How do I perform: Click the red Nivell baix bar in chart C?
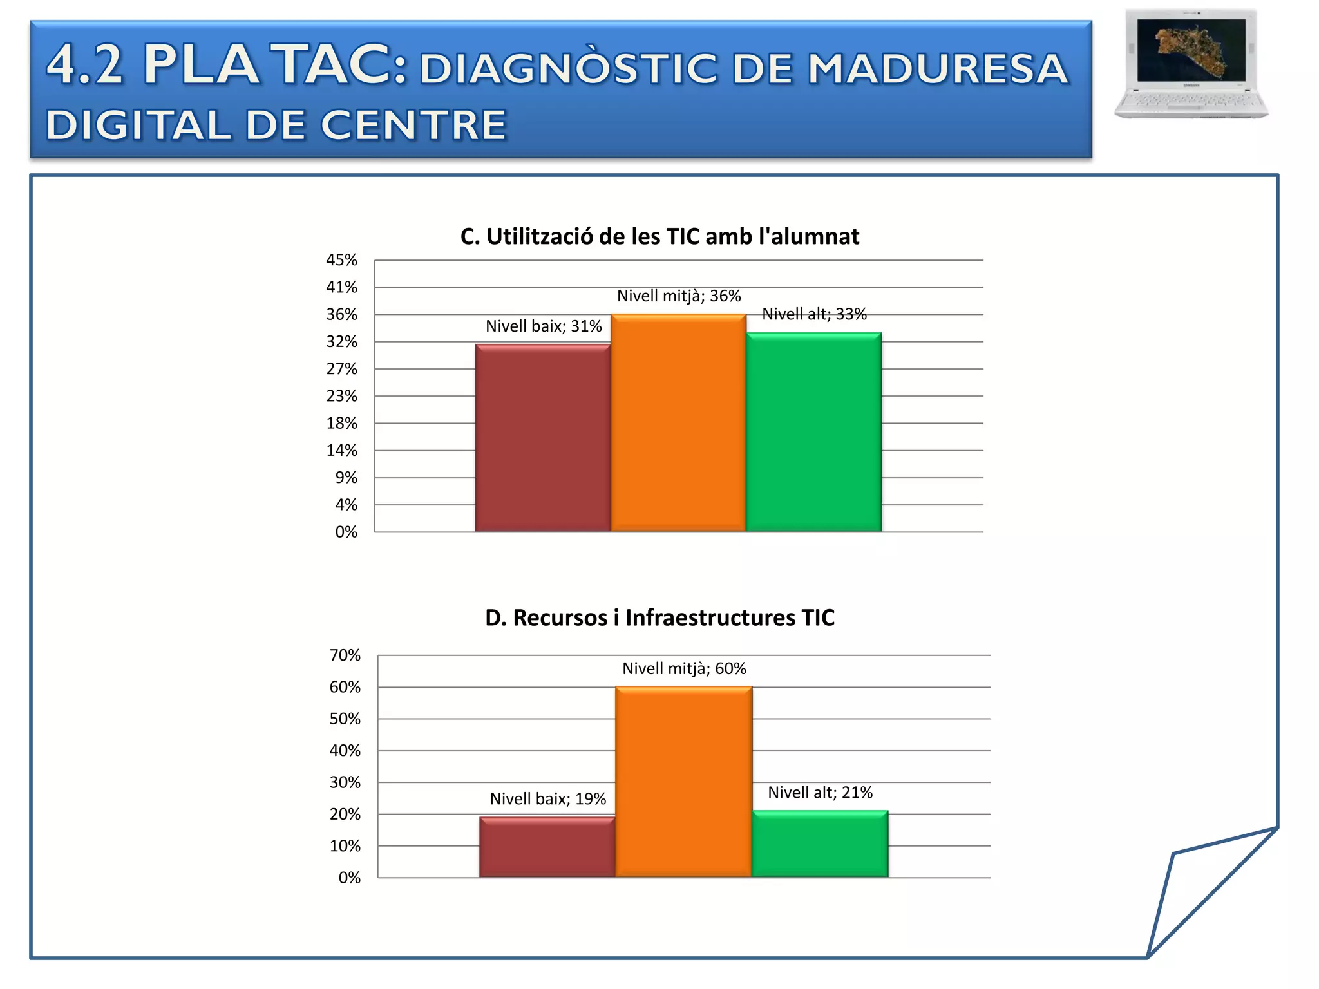click(543, 438)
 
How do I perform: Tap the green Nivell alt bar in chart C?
click(813, 432)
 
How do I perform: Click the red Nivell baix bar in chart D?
click(547, 847)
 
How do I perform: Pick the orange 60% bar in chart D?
click(683, 782)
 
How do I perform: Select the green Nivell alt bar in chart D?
click(820, 844)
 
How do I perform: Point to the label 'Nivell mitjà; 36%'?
click(679, 296)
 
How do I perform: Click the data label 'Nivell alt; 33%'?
click(814, 314)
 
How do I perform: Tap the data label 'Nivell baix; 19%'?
click(547, 799)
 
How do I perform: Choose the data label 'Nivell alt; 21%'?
click(820, 793)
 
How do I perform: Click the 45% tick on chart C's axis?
click(341, 260)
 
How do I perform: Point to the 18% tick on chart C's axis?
click(341, 423)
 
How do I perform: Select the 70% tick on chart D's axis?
click(345, 655)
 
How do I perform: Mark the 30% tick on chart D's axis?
click(345, 782)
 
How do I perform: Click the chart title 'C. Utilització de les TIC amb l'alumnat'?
click(659, 237)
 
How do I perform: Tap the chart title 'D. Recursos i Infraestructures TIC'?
click(659, 617)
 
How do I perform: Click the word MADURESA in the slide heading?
click(938, 69)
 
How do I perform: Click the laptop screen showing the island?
click(1191, 49)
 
